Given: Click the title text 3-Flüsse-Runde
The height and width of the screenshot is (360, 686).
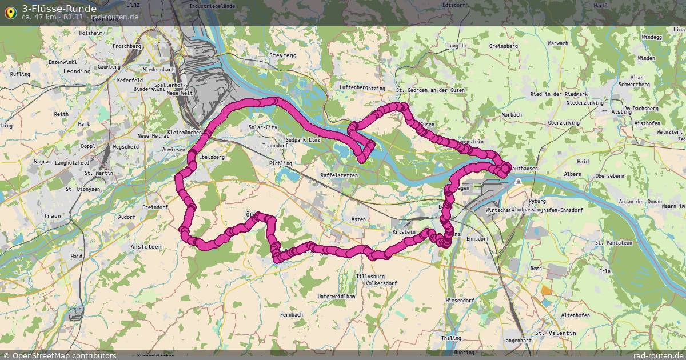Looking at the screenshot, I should tap(59, 9).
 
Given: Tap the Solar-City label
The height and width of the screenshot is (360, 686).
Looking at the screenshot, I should tap(263, 127).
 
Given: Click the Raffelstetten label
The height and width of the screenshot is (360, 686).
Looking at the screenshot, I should tap(339, 175).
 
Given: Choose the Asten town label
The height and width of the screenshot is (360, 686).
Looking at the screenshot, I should tap(358, 219).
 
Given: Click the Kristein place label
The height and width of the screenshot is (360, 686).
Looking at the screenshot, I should tap(404, 233).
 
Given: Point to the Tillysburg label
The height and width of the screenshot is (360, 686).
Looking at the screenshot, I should tap(370, 277).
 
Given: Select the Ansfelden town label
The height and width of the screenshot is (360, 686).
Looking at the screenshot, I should tap(146, 247).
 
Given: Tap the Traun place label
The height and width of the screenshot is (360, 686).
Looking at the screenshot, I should tap(52, 216).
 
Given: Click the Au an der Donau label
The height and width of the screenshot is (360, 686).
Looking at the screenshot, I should tap(640, 202).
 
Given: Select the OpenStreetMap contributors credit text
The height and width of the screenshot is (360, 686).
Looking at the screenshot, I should tap(59, 355).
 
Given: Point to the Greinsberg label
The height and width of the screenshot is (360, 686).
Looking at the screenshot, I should tap(503, 46).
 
